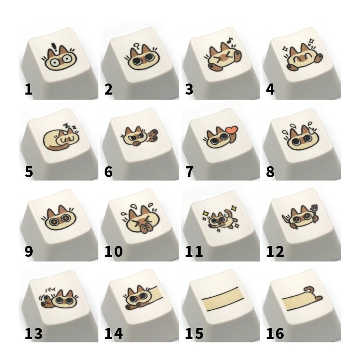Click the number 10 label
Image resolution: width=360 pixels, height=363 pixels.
coord(113,252)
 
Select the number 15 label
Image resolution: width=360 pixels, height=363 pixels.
coord(194,333)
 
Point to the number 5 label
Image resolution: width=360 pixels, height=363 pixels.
coord(29,172)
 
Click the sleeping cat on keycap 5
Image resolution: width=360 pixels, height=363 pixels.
coord(60,139)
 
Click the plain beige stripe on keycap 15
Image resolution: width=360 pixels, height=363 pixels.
coord(223,299)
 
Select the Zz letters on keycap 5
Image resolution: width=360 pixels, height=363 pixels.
coord(71,126)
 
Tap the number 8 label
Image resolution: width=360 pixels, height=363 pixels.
coord(270,172)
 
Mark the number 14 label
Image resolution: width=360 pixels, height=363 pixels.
coord(113,333)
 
